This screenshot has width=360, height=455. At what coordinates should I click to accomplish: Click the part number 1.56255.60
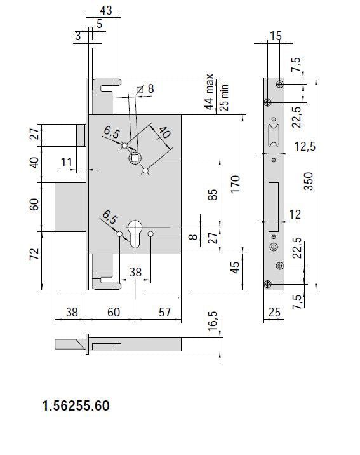(x=76, y=405)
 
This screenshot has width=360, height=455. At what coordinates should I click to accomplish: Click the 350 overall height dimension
(x=309, y=181)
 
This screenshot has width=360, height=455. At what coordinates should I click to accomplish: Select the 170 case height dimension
(x=236, y=184)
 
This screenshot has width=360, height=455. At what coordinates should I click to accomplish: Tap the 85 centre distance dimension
(x=213, y=194)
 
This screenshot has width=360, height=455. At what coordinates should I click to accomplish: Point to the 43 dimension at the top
(x=106, y=10)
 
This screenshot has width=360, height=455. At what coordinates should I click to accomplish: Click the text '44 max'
(x=209, y=92)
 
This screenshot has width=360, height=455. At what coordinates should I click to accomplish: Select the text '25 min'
(x=224, y=97)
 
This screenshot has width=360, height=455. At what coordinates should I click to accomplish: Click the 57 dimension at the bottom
(x=164, y=312)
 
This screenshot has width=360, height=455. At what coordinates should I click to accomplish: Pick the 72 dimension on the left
(x=34, y=254)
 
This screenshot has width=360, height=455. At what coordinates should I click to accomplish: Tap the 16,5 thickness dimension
(x=213, y=321)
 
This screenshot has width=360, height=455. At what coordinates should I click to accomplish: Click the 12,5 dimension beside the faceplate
(x=305, y=147)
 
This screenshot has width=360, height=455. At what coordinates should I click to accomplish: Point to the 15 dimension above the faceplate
(x=276, y=36)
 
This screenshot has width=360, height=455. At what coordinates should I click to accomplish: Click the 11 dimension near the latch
(x=67, y=162)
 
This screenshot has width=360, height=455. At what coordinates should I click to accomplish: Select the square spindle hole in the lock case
(x=135, y=158)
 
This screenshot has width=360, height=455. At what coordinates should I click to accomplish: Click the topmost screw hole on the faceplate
(x=280, y=84)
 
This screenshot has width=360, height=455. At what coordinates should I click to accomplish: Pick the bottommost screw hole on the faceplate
(x=268, y=284)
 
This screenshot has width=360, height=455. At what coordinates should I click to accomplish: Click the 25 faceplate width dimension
(x=274, y=312)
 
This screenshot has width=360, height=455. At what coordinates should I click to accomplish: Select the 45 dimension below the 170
(x=236, y=268)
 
